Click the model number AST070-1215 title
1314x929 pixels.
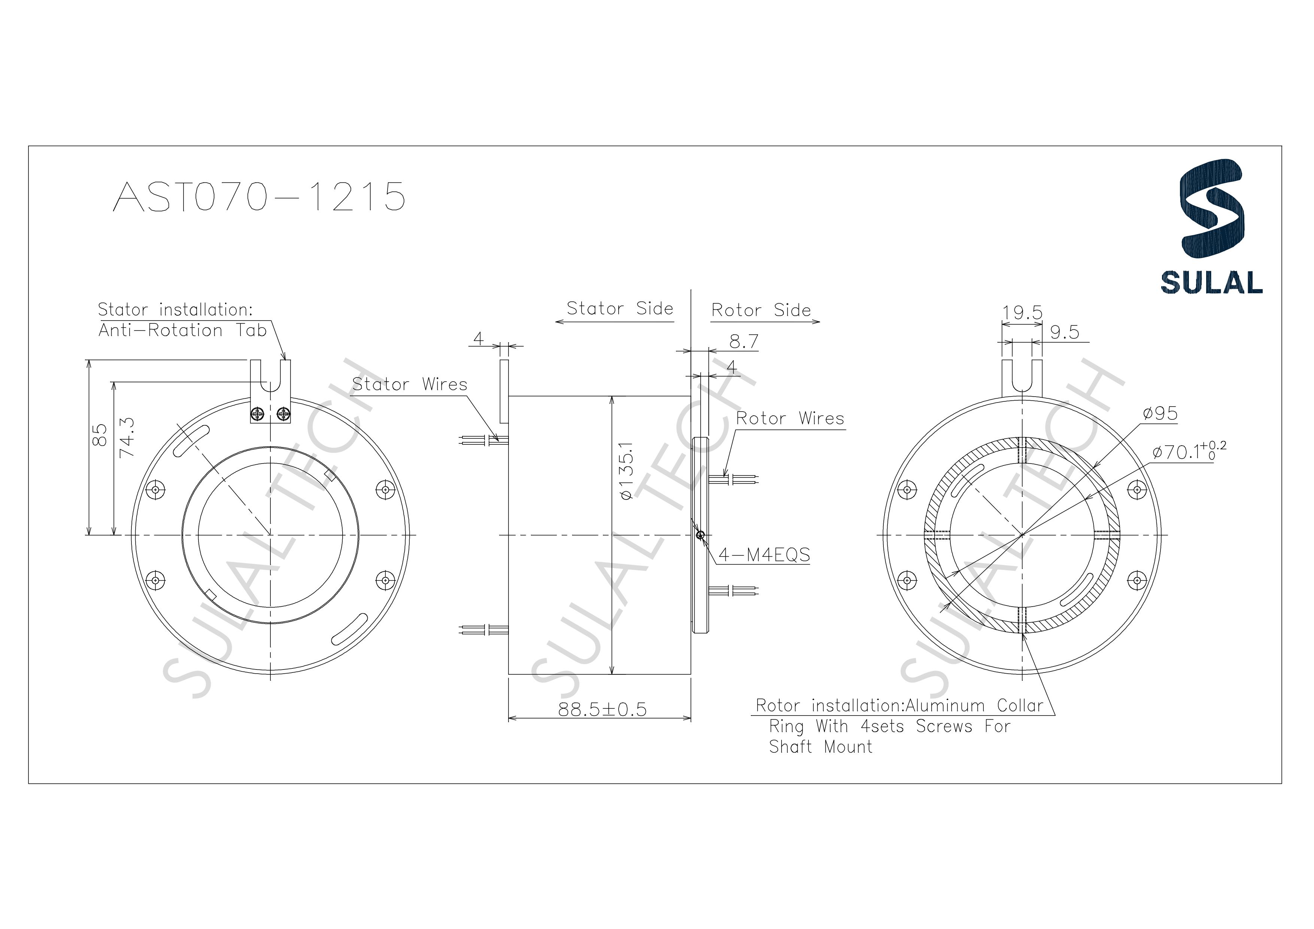coord(259,197)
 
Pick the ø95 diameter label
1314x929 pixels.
coord(1160,413)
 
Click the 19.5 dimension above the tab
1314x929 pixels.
coord(1022,313)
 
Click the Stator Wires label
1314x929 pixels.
coord(410,384)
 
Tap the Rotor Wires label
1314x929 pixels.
coord(790,418)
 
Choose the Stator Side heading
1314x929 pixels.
coord(619,309)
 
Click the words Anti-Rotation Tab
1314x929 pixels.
coord(183,330)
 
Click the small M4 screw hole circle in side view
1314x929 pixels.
coord(700,535)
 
